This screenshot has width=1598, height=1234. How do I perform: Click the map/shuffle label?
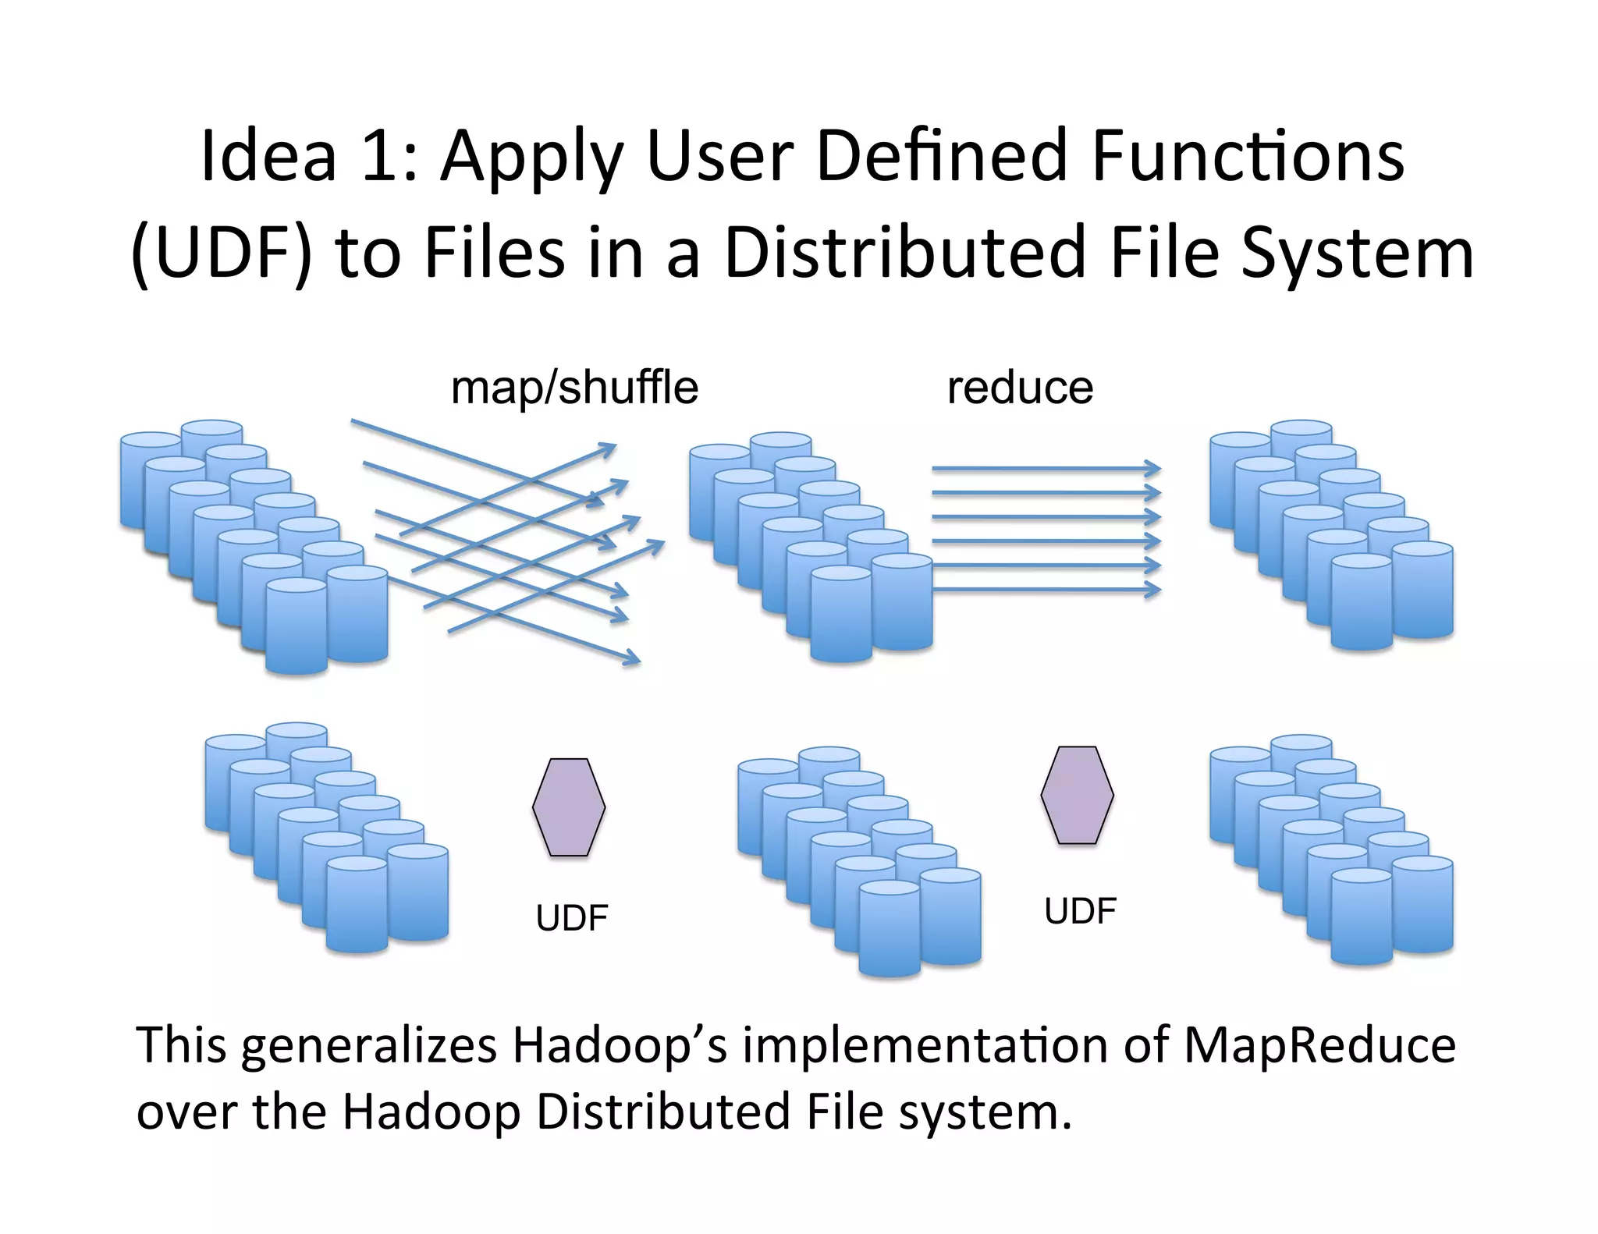[x=574, y=388]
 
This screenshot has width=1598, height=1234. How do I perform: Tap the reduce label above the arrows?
[x=1020, y=388]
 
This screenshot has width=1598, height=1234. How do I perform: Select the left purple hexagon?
[x=569, y=807]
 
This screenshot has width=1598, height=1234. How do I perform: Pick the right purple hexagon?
[x=1077, y=795]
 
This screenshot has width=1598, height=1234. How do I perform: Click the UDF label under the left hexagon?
[x=571, y=918]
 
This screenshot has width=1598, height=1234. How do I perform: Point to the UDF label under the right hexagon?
[x=1080, y=911]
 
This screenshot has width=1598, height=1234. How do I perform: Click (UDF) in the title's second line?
[x=222, y=254]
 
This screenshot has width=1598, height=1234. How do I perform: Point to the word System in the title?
[x=1357, y=254]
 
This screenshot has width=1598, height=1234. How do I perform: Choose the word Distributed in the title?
[x=905, y=254]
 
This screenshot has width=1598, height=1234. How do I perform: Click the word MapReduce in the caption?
[x=1319, y=1045]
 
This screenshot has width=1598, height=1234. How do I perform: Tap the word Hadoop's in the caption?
[x=620, y=1045]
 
